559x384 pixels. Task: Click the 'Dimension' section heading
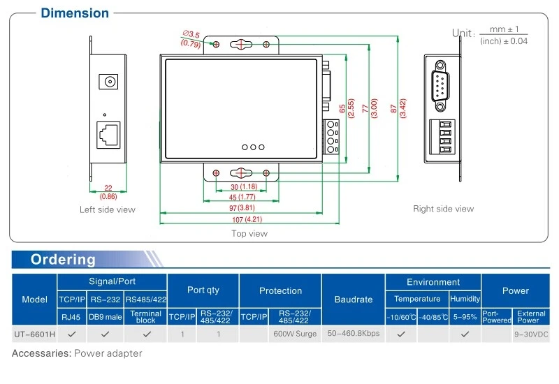(75, 13)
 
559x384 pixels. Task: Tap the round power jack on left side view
(108, 82)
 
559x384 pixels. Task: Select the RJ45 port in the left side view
(108, 135)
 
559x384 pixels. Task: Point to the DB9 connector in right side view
(440, 86)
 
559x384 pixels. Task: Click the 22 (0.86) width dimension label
(108, 192)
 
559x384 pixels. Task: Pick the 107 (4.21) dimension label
(247, 219)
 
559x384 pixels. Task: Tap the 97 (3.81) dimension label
(242, 207)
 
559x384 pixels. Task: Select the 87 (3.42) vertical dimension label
(398, 108)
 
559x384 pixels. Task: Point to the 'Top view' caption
(249, 234)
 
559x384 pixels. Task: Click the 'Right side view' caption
(444, 209)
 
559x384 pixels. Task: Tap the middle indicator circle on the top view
(253, 147)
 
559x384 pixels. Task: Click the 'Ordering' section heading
(63, 259)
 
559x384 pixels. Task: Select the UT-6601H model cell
(34, 334)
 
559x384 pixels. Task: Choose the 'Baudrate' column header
(354, 300)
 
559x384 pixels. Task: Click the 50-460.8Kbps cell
(354, 334)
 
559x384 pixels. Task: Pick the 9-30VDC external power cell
(531, 334)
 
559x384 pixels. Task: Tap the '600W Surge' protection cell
(295, 334)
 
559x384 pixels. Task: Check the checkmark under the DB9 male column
(106, 334)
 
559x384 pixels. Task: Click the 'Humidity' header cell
(465, 299)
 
